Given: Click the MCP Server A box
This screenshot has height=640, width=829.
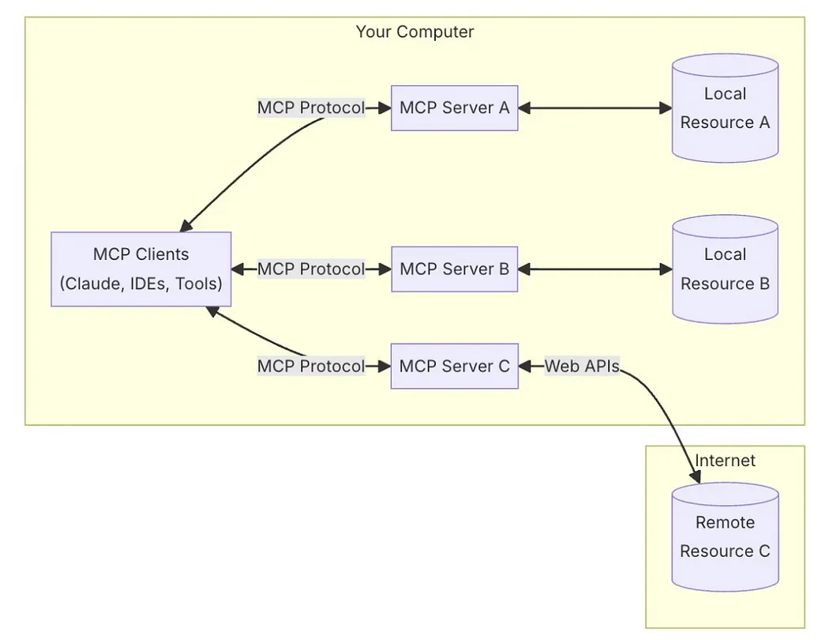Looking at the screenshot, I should tap(455, 108).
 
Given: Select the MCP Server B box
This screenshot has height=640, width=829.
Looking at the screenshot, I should tap(455, 269).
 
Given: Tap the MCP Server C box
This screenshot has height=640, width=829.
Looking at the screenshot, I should tap(455, 367).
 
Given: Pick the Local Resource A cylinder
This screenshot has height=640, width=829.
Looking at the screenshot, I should tap(725, 108).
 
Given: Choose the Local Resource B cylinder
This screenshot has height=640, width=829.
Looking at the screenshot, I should tap(725, 269).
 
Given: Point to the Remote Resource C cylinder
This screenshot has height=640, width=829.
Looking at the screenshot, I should tap(725, 537).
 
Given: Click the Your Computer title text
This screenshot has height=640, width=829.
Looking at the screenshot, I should tap(414, 32).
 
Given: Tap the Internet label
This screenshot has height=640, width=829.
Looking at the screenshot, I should tap(725, 461).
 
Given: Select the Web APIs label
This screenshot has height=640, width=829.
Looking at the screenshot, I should tap(582, 367).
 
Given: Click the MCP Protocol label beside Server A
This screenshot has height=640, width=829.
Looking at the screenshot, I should tap(311, 108).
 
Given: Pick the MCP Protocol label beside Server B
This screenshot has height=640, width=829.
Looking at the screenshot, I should tap(311, 269).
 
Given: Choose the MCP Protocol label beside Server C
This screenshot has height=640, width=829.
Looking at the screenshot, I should tap(311, 367).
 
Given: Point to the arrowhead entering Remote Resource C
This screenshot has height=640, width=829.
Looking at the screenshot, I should tap(696, 477).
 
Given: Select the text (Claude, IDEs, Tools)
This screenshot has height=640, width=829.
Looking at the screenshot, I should tap(141, 284).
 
